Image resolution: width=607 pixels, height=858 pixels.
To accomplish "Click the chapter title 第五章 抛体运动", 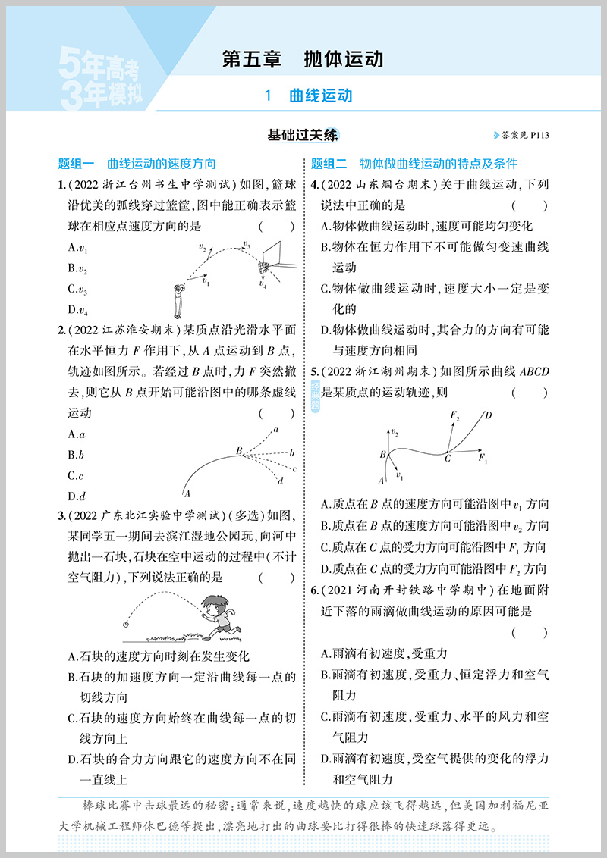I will pos(302,59).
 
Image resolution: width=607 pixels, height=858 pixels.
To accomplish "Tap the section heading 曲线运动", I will pos(320,96).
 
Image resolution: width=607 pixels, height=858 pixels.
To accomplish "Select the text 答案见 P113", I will pos(524,136).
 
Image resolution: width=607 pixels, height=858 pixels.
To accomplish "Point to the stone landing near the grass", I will pos(127,625).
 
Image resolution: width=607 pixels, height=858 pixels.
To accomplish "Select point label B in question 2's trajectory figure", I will pos(238,451).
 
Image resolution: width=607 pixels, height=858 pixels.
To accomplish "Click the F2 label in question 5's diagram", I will pos(455,415).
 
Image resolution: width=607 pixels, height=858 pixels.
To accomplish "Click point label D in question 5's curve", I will pos(488,415).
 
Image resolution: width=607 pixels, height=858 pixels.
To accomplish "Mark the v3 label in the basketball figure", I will pos(246,245).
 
